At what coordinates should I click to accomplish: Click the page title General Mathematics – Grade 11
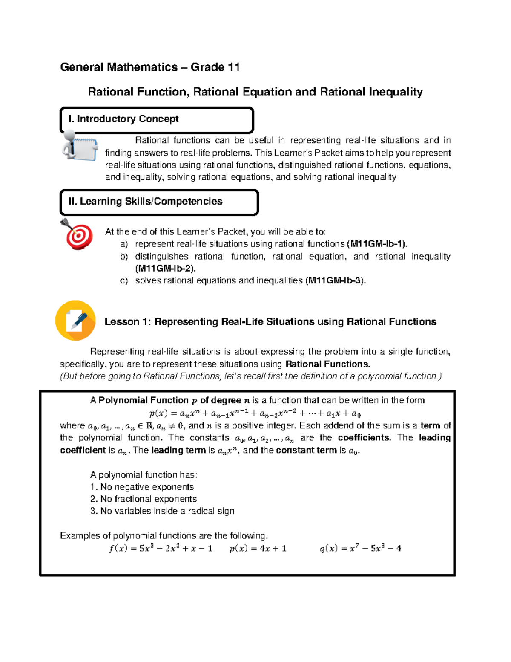[x=150, y=67]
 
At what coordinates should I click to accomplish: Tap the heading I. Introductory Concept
[x=123, y=119]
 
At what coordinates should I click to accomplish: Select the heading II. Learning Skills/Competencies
[x=145, y=202]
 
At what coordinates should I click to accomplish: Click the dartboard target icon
[x=78, y=234]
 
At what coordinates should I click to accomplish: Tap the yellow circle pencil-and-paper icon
[x=75, y=321]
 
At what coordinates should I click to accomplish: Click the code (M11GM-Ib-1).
[x=377, y=244]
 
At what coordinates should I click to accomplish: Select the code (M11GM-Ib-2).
[x=165, y=269]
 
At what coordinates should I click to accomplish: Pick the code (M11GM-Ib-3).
[x=336, y=280]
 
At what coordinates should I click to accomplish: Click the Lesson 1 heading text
[x=270, y=322]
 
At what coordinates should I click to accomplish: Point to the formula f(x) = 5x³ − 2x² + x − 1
[x=161, y=549]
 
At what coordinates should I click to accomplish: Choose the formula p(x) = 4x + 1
[x=258, y=549]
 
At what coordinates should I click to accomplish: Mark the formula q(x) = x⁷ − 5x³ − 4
[x=360, y=549]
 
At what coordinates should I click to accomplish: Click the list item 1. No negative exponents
[x=142, y=487]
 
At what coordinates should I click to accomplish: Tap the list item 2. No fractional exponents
[x=144, y=499]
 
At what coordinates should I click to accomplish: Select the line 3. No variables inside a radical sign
[x=162, y=511]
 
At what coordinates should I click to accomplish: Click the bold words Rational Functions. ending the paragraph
[x=327, y=364]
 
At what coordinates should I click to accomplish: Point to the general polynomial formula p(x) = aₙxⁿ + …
[x=255, y=413]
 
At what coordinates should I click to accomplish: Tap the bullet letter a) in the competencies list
[x=123, y=244]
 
